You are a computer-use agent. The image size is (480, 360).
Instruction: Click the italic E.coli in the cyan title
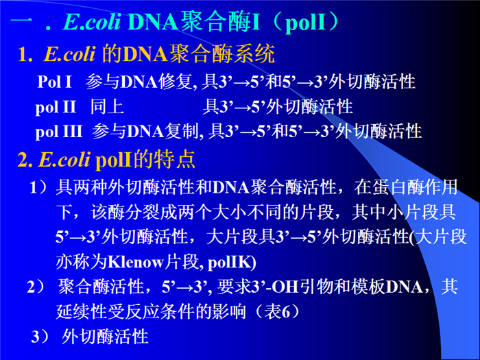coord(91,22)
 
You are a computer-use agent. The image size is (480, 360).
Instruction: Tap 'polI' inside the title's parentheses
coord(304,23)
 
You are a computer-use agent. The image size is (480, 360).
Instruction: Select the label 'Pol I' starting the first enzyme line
coord(54,82)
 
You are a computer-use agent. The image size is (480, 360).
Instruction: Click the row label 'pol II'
coord(56,108)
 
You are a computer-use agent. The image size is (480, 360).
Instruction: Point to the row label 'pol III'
coord(59,132)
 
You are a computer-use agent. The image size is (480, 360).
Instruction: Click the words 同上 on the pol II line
coord(107,107)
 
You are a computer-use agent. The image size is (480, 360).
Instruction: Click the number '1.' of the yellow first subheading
coord(25,55)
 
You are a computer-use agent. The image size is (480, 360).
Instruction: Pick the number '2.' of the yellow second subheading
coord(25,160)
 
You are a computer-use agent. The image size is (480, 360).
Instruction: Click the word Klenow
coord(136,263)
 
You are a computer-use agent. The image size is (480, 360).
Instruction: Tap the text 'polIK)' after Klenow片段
coord(232,263)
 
